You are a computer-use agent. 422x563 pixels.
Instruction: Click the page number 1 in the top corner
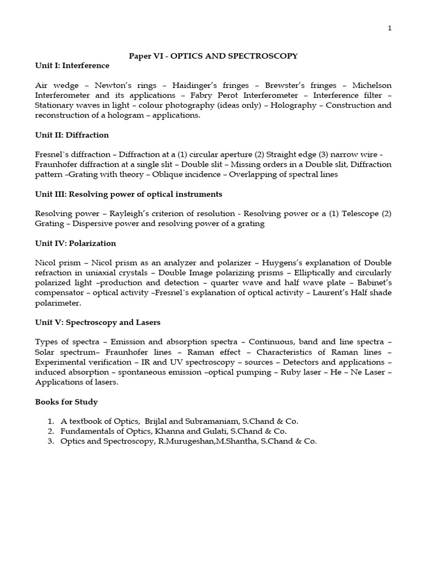click(390, 29)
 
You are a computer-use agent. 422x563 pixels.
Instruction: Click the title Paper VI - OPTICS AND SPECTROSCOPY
click(213, 56)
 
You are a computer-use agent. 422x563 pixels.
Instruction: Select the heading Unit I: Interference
click(72, 65)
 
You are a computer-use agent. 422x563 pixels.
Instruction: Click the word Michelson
click(372, 85)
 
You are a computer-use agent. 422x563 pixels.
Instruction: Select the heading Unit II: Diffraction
click(72, 135)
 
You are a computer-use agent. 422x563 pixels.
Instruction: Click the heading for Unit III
click(129, 194)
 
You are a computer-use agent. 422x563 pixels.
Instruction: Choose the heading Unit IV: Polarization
click(75, 243)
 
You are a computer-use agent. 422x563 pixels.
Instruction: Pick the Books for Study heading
click(66, 401)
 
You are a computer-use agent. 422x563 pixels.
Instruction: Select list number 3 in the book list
click(51, 441)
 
